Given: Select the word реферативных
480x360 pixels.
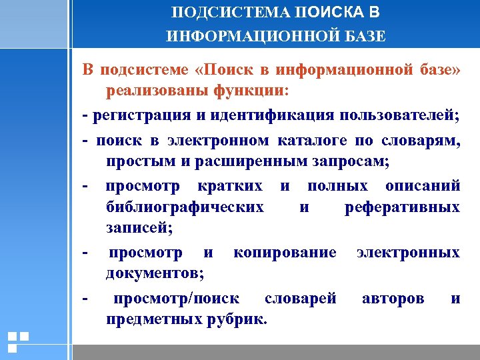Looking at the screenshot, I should click(x=402, y=207).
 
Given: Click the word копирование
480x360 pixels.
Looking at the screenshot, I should click(x=284, y=252).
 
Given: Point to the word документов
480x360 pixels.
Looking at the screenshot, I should click(x=154, y=273).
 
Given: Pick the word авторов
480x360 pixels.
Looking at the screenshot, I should click(x=393, y=298).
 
